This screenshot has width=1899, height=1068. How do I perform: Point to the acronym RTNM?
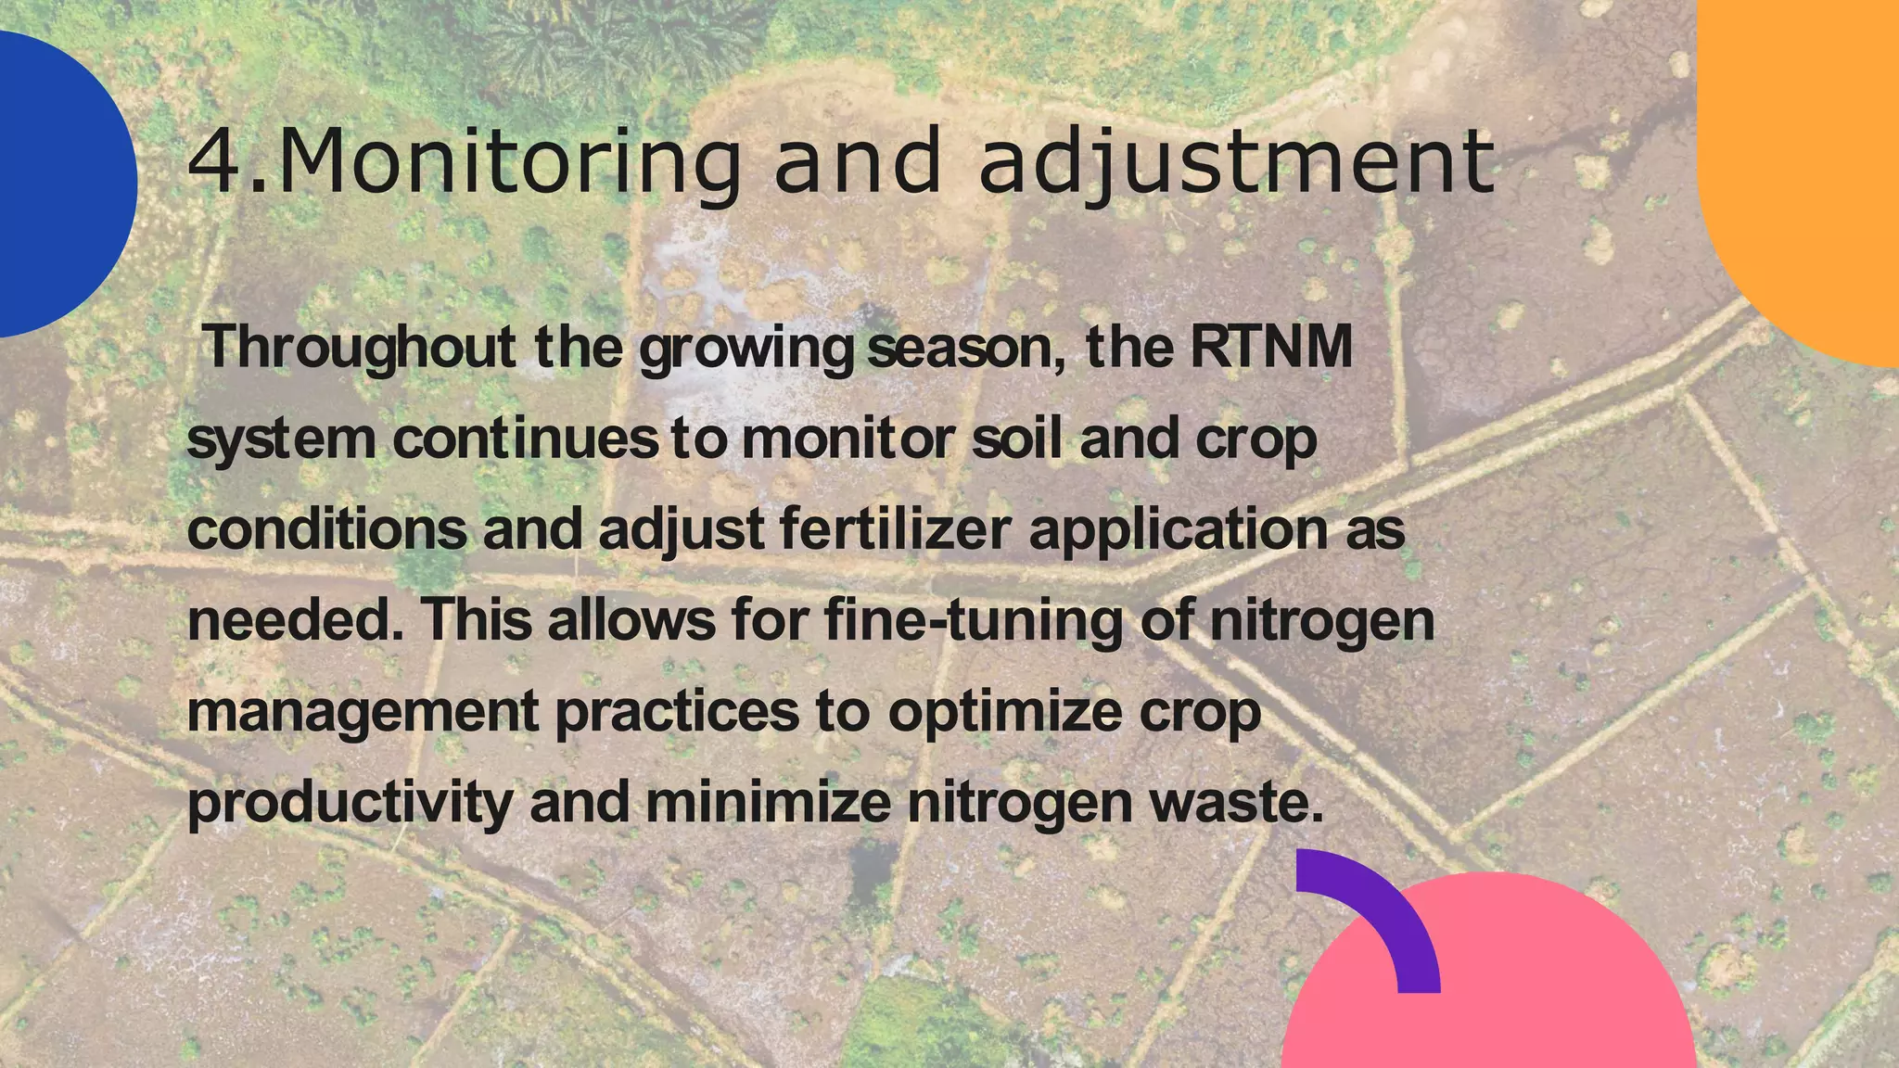tap(1270, 347)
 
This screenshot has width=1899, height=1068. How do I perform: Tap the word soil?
tap(1015, 438)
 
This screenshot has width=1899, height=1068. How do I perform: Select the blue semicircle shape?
tap(56, 185)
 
